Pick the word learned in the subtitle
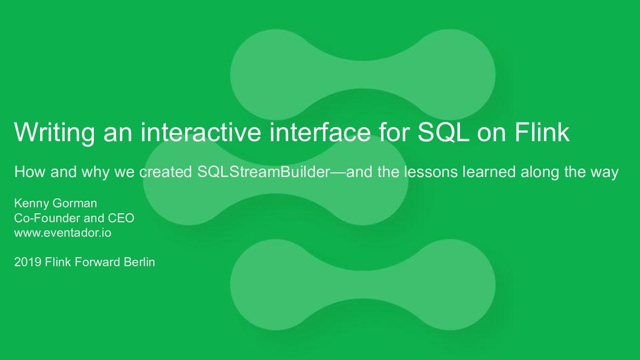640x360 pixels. (x=488, y=172)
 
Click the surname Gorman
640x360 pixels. (x=74, y=204)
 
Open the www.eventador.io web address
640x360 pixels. (x=63, y=232)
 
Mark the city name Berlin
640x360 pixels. (x=139, y=262)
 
